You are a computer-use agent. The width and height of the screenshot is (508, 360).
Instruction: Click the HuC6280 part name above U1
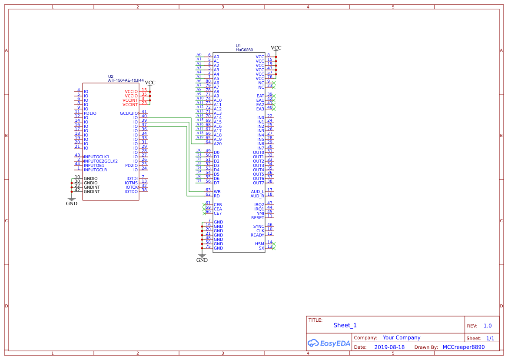coord(244,50)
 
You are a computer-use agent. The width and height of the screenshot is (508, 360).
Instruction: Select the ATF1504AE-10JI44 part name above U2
coord(126,80)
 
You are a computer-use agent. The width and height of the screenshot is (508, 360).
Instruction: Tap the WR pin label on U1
coord(217,192)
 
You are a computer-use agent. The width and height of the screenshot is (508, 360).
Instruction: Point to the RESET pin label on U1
coord(258,218)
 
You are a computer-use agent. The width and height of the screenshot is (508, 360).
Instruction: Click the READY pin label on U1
coord(257,235)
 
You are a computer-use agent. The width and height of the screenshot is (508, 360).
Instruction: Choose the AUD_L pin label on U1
coord(258,192)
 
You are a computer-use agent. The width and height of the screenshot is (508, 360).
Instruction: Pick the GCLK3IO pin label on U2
coord(129,113)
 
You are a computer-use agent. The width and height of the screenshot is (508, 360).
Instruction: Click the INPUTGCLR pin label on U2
coord(95,170)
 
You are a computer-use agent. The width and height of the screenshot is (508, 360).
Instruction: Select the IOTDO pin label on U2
coord(131,192)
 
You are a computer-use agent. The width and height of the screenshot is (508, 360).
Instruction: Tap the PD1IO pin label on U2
coord(90,113)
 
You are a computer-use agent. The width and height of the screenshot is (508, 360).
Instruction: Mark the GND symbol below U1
coord(202,258)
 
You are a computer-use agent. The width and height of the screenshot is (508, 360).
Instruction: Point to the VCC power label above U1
coord(276,48)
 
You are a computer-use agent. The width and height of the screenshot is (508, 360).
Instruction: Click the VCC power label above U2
coord(150,83)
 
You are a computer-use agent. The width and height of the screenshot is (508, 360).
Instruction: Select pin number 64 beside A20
coord(208,142)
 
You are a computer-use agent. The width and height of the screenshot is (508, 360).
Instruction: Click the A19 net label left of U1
coord(200,137)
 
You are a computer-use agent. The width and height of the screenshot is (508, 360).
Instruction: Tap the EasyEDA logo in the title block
coord(329,343)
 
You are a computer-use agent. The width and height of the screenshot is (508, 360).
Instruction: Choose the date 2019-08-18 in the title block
coord(389,347)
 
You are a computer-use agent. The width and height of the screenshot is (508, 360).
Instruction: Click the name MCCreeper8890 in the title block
coord(464,347)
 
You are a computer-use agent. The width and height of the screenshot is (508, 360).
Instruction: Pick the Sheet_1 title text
coord(345,325)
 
